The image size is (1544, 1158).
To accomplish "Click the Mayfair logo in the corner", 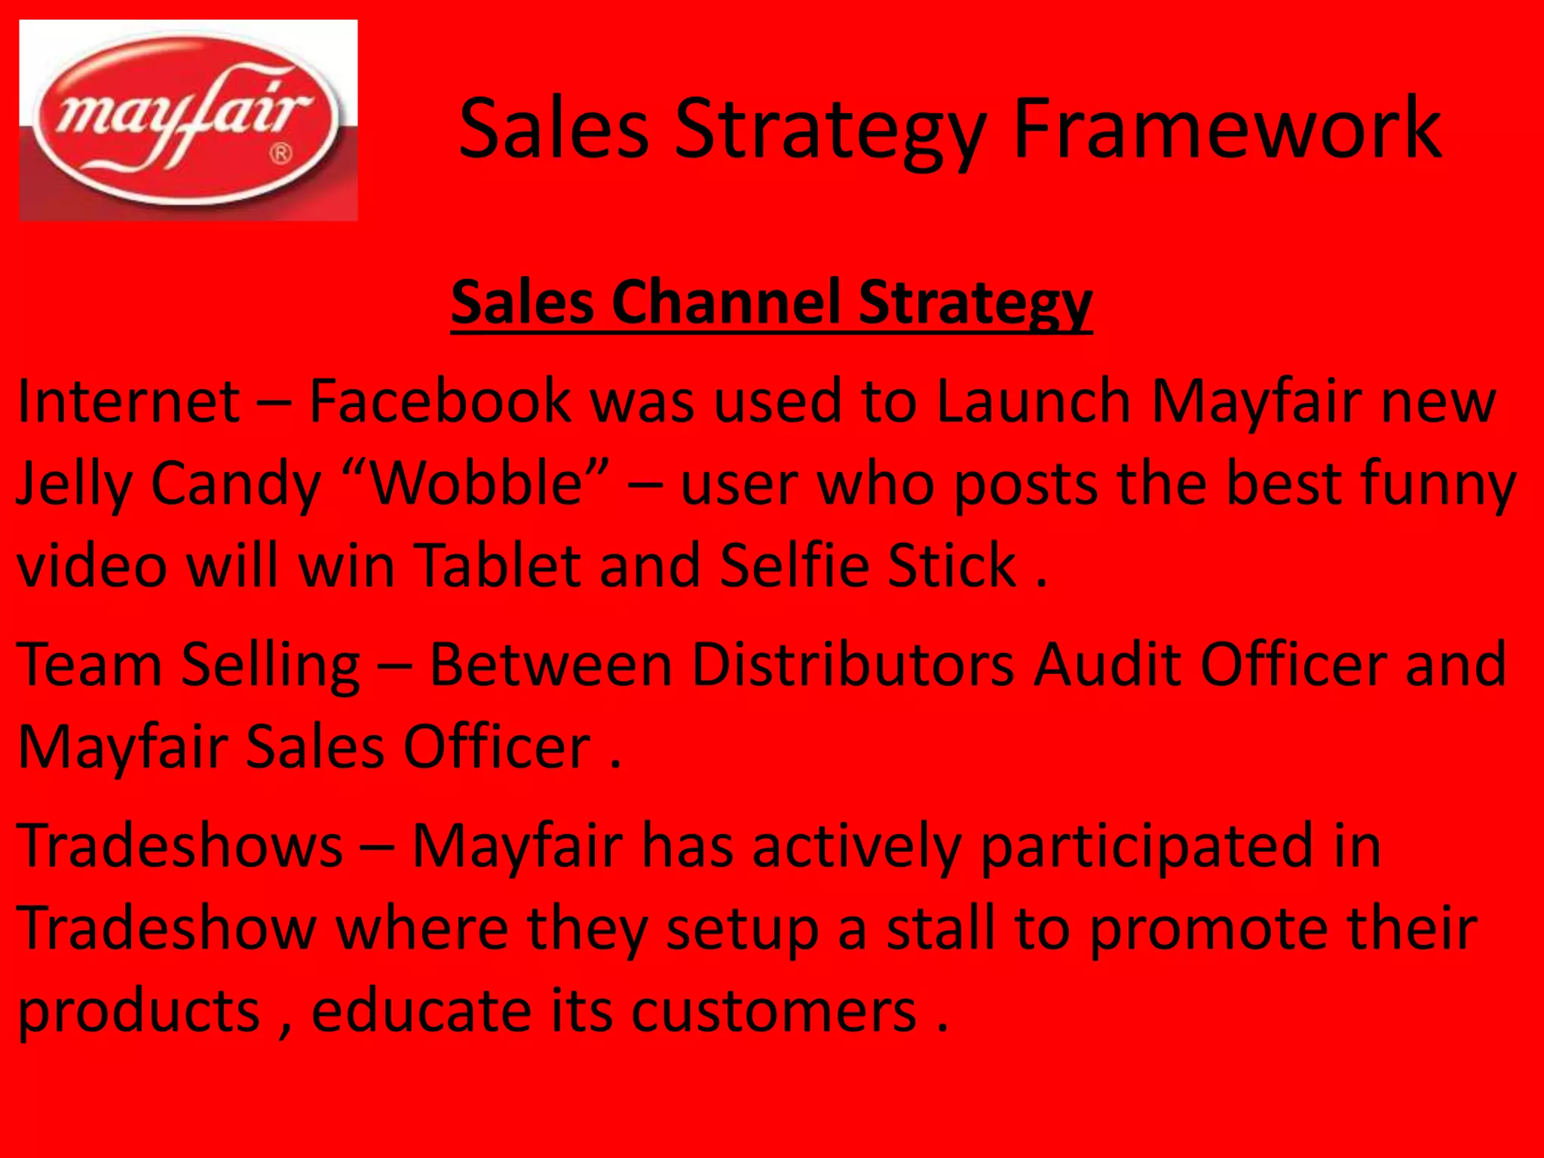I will [x=188, y=121].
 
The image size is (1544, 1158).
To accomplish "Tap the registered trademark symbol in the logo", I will [x=280, y=155].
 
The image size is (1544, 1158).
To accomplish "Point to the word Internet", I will [x=129, y=401].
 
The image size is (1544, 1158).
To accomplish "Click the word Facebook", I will [x=440, y=401].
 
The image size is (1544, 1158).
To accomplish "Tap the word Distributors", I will [x=853, y=665].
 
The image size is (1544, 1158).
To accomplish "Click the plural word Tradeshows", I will [x=180, y=846].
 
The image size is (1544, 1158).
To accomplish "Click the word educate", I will [x=421, y=1010].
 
